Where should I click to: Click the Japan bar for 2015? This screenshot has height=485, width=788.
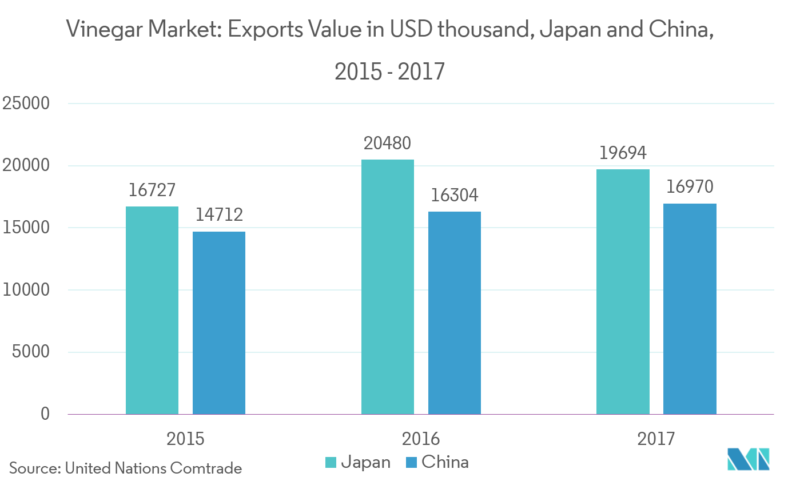tap(152, 310)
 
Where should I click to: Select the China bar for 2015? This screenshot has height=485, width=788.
tap(218, 322)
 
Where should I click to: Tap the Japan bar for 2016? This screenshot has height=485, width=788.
tap(387, 287)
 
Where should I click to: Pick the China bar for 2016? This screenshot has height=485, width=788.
tap(454, 312)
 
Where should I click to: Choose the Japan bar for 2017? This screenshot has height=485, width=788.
tap(623, 291)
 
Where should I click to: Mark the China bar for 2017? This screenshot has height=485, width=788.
tap(690, 308)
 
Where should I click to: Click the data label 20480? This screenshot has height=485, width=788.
tap(387, 143)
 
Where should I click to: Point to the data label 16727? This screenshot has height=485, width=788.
tap(152, 190)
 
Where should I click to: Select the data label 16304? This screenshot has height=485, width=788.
tap(454, 196)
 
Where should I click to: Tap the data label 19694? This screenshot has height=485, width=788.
tap(623, 153)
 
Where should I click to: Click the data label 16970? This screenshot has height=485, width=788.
tap(690, 187)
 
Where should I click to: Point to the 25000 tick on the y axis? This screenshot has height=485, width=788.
tap(26, 104)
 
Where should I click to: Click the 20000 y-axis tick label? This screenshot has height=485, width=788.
tap(26, 166)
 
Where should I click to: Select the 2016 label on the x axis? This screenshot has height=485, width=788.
tap(421, 439)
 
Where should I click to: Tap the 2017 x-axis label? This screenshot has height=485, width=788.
tap(656, 439)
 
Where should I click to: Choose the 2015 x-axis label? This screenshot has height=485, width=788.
tap(185, 439)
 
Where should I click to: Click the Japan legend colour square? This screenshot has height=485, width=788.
tap(331, 462)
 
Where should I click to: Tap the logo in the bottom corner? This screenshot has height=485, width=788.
tap(748, 459)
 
